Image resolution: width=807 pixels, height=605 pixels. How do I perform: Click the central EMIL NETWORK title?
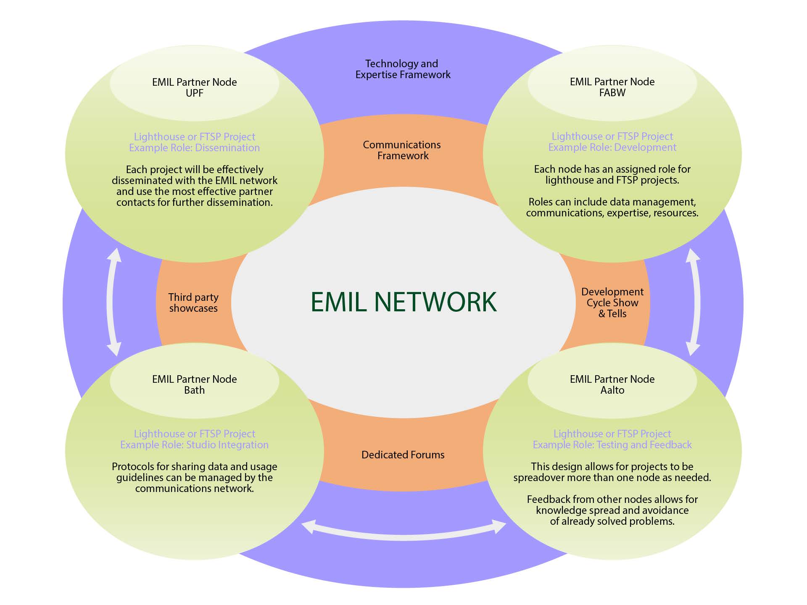403,302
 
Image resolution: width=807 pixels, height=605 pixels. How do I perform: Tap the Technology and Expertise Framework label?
403,69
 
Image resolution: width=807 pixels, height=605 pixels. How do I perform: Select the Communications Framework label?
402,150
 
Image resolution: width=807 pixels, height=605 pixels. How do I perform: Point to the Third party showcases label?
193,302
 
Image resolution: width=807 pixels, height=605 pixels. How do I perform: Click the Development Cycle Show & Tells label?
612,302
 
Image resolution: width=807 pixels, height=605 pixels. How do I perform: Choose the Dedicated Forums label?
403,455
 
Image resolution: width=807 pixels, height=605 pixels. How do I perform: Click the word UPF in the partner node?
194,93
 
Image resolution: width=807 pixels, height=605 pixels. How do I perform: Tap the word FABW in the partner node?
612,92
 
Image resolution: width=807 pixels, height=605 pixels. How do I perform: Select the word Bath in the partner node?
194,390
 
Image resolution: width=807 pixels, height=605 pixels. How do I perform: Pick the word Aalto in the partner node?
612,390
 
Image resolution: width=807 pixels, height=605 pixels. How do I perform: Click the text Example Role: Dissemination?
194,148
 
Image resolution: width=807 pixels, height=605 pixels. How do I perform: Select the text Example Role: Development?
612,147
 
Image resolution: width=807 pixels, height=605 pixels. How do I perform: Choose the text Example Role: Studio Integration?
194,445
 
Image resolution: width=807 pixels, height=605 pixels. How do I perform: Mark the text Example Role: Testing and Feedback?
612,445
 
